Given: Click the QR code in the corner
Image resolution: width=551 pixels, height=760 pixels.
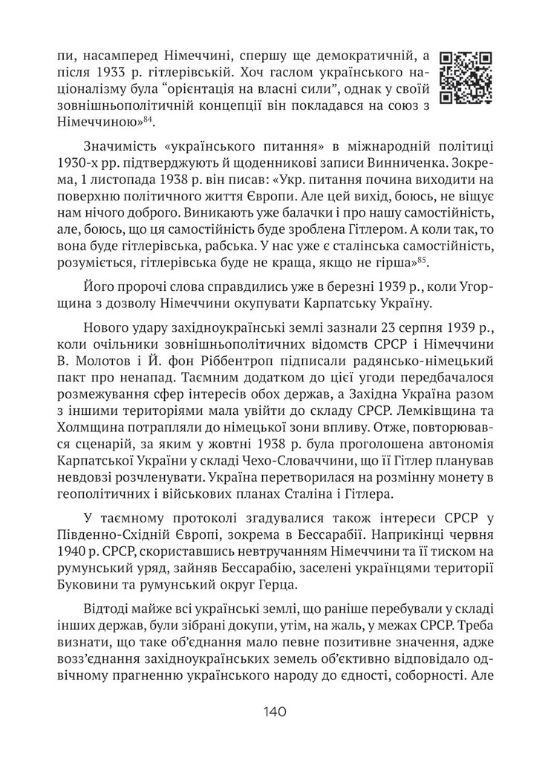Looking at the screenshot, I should coord(466,77).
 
